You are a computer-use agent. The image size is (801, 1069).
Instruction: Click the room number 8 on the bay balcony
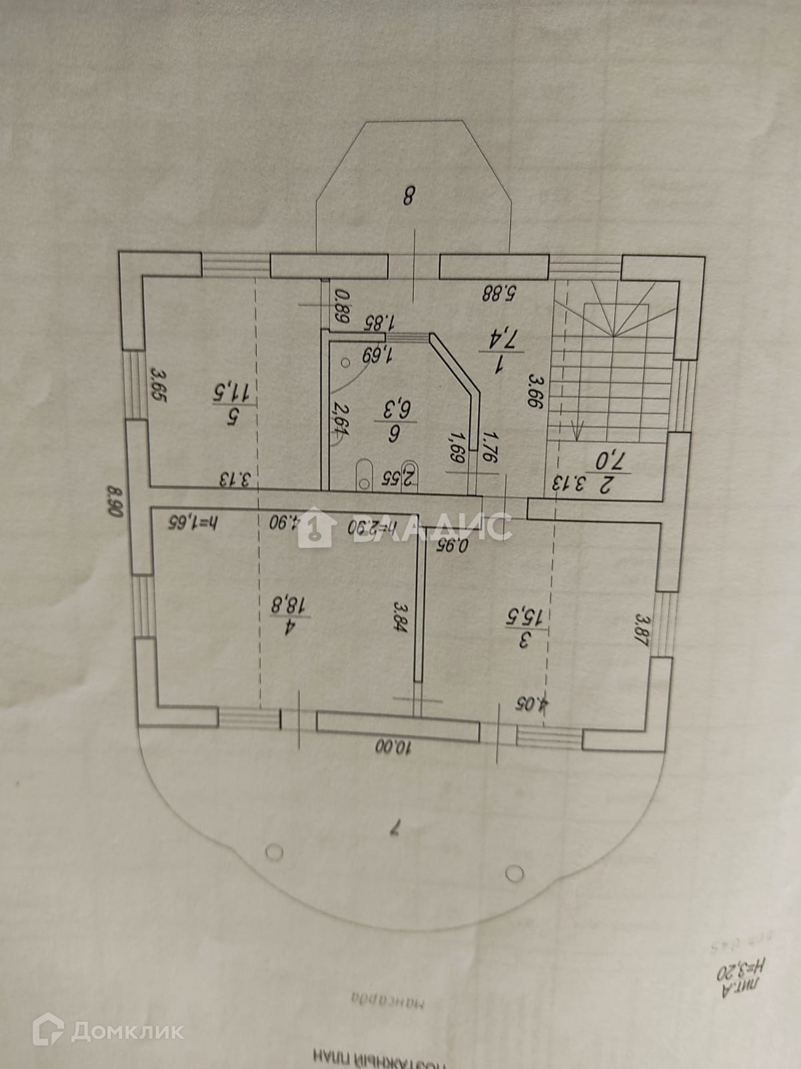click(x=409, y=196)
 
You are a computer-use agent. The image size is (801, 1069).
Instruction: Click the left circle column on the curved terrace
click(x=274, y=852)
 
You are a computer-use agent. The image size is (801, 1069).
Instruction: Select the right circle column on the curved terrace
click(x=515, y=873)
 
